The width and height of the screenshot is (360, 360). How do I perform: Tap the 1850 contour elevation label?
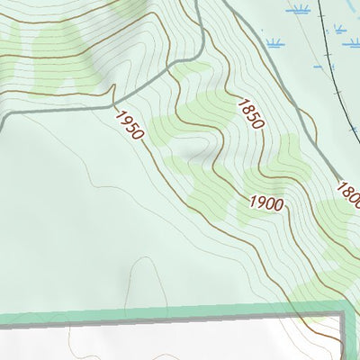(x=250, y=114)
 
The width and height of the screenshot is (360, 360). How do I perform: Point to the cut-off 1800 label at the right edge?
(x=348, y=192)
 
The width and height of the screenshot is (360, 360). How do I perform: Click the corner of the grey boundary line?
(x=343, y=316)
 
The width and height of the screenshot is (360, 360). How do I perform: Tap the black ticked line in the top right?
(x=328, y=54)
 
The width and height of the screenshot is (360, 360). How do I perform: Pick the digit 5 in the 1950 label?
(x=131, y=127)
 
